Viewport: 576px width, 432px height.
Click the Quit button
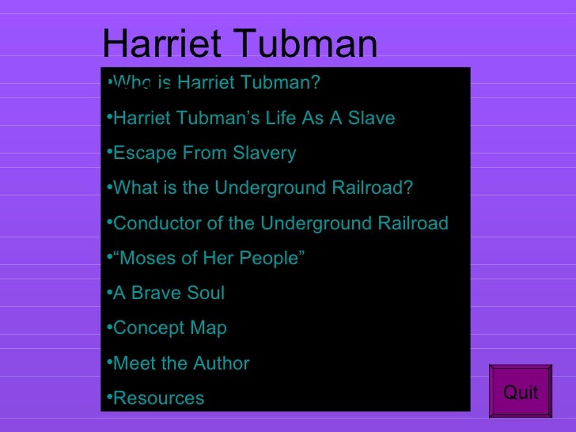pos(520,391)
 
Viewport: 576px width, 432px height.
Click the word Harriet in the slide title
pos(162,44)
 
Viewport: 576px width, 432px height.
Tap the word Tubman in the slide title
pos(305,44)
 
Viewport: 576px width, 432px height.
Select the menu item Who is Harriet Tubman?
pos(217,82)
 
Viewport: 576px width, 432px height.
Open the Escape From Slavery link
pos(205,153)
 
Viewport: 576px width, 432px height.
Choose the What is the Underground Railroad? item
pos(263,188)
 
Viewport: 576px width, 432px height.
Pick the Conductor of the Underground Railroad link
pos(281,223)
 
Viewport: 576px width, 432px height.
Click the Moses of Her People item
pos(209,258)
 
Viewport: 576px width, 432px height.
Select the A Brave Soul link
pos(169,293)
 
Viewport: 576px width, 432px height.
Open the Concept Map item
pos(169,328)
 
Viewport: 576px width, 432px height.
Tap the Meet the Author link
pos(181,363)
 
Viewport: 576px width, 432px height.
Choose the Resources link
pos(159,398)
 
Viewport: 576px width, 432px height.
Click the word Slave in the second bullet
pos(371,118)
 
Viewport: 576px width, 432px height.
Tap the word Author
pos(222,363)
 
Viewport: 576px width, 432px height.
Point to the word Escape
pos(145,153)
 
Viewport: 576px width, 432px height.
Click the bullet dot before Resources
pos(109,396)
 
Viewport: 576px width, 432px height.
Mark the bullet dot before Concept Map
pos(109,326)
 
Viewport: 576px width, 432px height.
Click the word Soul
pos(206,293)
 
